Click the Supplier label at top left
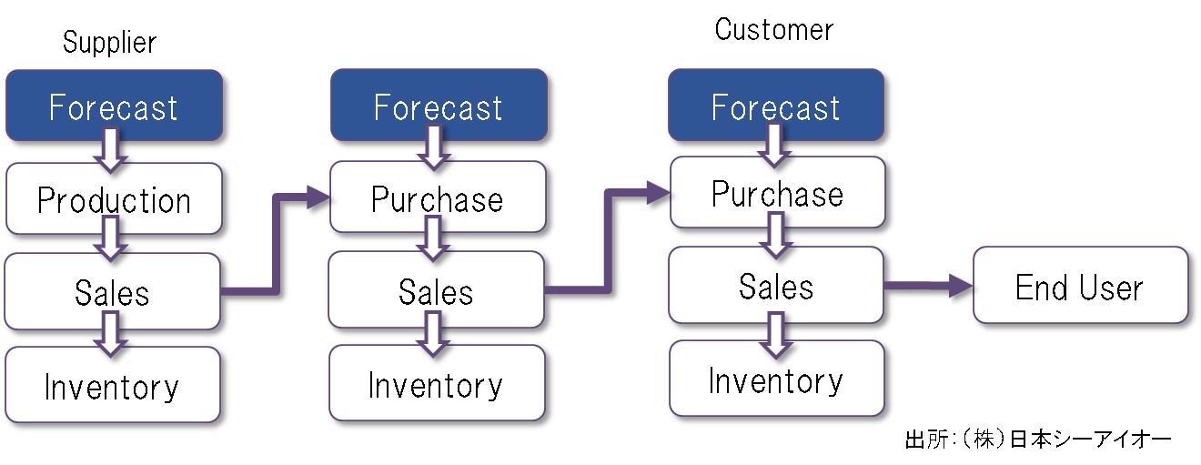(109, 43)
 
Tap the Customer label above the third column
(773, 29)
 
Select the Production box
(114, 199)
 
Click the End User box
(1080, 285)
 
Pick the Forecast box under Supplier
(114, 106)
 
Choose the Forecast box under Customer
(776, 106)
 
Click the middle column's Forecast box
(439, 106)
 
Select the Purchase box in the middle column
(438, 197)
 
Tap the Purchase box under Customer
(777, 192)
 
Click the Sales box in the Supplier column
(113, 291)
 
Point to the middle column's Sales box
(437, 289)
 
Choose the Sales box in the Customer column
(776, 285)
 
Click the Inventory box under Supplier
(113, 385)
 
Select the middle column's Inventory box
(437, 383)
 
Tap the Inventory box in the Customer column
(776, 379)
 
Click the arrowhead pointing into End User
(960, 285)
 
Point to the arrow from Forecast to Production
(110, 150)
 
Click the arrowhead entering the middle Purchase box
(318, 197)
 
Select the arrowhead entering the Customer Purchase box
(659, 193)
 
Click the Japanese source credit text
(1038, 440)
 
